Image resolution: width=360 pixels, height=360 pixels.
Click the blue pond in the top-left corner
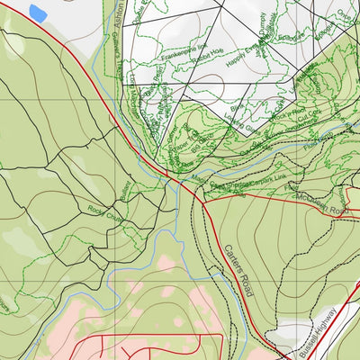[38, 13]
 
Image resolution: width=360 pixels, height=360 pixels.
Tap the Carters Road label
[235, 270]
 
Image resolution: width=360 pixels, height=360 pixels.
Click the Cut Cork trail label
[311, 121]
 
